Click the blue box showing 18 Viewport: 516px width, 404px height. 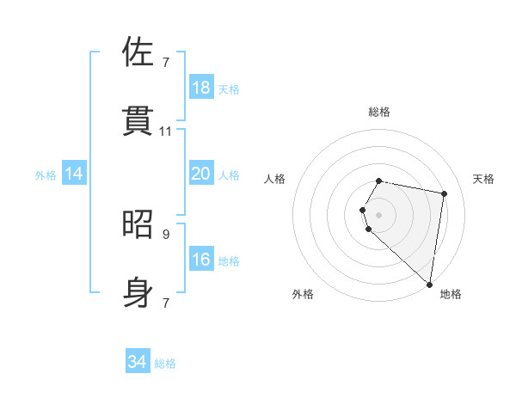pyautogui.click(x=201, y=88)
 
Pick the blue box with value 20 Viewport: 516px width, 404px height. pyautogui.click(x=201, y=174)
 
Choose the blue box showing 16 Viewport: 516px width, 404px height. pyautogui.click(x=201, y=260)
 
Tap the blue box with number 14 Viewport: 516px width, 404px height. pyautogui.click(x=74, y=174)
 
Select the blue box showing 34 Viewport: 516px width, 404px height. pyautogui.click(x=138, y=363)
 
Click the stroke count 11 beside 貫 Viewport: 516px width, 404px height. pyautogui.click(x=166, y=131)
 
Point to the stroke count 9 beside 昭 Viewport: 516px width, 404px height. pyautogui.click(x=166, y=234)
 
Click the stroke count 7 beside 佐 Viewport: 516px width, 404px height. pyautogui.click(x=166, y=62)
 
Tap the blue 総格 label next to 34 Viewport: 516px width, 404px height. pyautogui.click(x=165, y=364)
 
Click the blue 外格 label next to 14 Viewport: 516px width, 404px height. pyautogui.click(x=46, y=174)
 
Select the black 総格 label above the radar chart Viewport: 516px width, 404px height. pyautogui.click(x=379, y=112)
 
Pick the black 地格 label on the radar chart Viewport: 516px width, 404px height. pyautogui.click(x=451, y=294)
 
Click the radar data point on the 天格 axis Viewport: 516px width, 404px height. pyautogui.click(x=444, y=193)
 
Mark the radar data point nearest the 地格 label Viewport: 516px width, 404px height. pyautogui.click(x=430, y=284)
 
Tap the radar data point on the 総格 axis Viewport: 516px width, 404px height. pyautogui.click(x=379, y=181)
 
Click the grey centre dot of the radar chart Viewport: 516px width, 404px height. pyautogui.click(x=379, y=214)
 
